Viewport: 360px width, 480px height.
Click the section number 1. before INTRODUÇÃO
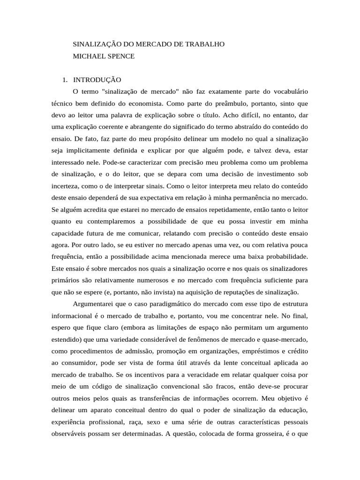click(66, 80)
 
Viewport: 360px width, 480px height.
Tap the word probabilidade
click(283, 257)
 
